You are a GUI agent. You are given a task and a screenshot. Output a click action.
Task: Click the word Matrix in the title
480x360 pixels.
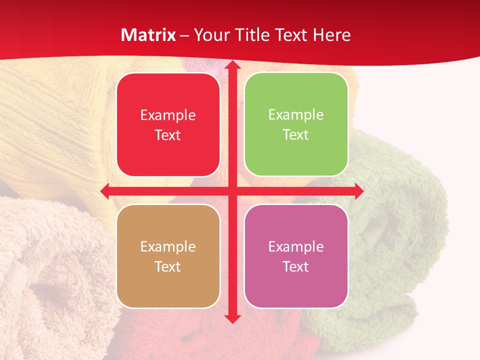point(148,35)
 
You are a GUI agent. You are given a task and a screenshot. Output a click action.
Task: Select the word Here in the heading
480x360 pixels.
point(331,35)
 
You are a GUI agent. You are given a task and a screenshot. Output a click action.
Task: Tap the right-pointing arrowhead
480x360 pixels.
point(359,191)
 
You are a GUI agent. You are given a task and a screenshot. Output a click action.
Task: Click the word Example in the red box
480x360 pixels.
point(168,115)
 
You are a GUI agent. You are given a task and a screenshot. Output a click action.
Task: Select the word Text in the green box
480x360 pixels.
point(296,134)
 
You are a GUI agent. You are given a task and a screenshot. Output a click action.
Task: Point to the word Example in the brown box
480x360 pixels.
point(168,246)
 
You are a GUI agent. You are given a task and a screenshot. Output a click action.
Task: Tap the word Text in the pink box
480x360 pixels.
point(296,266)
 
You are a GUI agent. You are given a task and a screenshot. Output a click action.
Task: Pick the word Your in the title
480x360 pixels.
point(209,35)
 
